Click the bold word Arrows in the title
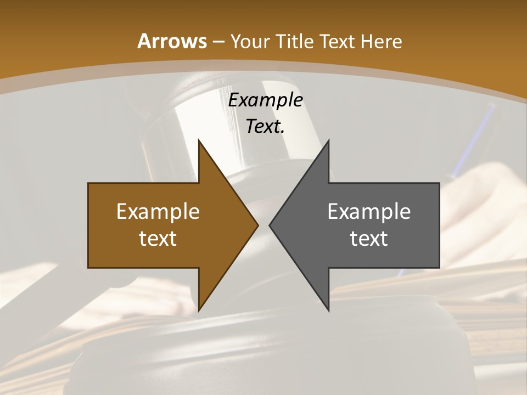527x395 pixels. tap(172, 41)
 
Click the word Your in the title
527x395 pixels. tap(250, 41)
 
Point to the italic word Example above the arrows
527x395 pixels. tap(265, 100)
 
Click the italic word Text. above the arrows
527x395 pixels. tap(265, 127)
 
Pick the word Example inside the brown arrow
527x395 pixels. tap(158, 211)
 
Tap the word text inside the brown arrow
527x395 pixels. tap(158, 238)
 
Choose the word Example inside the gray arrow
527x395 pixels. tap(369, 211)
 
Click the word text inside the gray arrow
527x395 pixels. tap(369, 238)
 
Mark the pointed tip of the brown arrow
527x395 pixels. tap(258, 225)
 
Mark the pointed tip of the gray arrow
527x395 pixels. tap(270, 225)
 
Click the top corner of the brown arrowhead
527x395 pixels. tap(199, 140)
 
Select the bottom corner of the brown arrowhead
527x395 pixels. tap(199, 311)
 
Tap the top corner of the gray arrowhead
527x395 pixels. tap(328, 140)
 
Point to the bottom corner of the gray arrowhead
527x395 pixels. tap(328, 311)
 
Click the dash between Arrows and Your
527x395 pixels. tap(217, 42)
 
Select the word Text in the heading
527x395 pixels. tap(335, 41)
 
